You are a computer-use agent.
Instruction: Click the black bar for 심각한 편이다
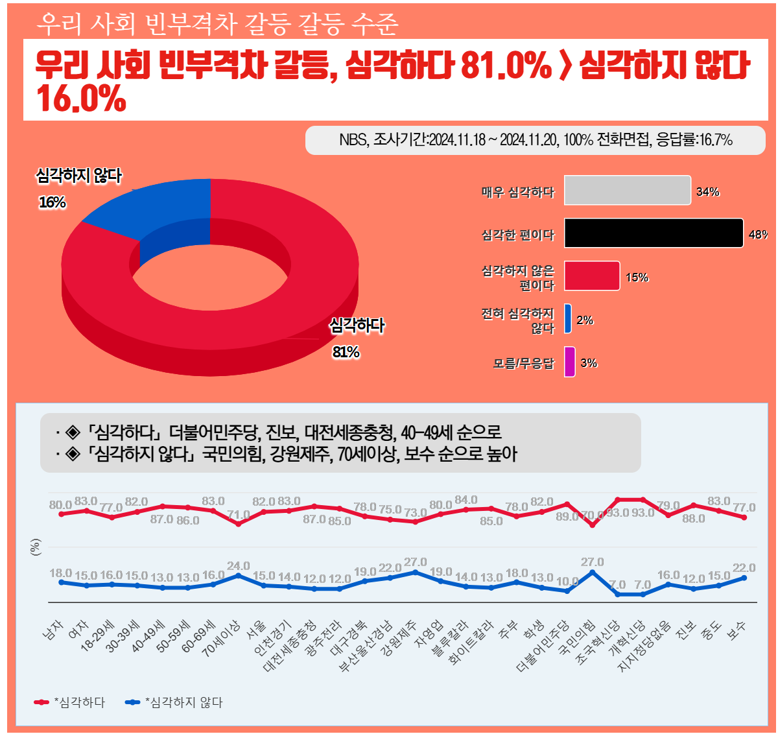653,233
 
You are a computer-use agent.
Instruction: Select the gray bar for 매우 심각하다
627,190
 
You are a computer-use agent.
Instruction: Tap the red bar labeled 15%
591,276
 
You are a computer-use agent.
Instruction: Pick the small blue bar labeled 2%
568,318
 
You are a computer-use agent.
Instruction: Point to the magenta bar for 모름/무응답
569,361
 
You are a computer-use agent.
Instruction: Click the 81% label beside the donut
346,352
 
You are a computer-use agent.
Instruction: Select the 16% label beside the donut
53,202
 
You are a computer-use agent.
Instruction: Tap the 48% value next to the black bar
758,235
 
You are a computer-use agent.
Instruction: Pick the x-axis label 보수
737,630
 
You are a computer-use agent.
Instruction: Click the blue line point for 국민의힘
592,573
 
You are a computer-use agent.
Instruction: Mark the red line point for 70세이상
239,524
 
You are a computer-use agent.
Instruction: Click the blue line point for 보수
744,578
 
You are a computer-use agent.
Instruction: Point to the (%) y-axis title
36,548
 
